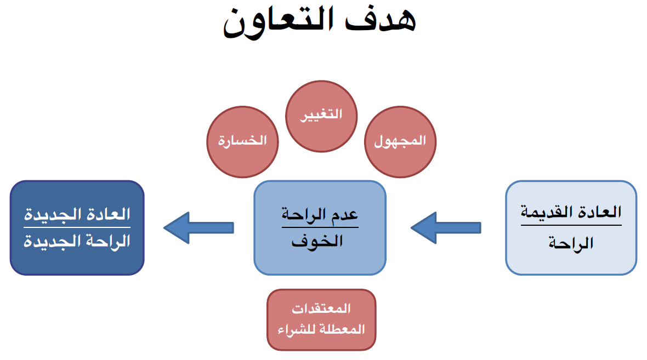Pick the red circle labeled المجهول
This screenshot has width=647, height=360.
click(400, 141)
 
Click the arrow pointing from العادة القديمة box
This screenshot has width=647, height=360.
click(446, 227)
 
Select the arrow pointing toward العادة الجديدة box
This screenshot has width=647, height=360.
click(198, 227)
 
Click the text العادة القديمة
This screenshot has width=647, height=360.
click(571, 213)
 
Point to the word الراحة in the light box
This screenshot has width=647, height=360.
click(571, 243)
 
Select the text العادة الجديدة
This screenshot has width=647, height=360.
click(77, 214)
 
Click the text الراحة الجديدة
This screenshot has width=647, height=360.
click(77, 242)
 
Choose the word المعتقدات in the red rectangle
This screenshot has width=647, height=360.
click(321, 309)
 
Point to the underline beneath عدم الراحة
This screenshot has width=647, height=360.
click(320, 227)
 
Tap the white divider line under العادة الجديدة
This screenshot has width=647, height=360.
click(77, 227)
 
